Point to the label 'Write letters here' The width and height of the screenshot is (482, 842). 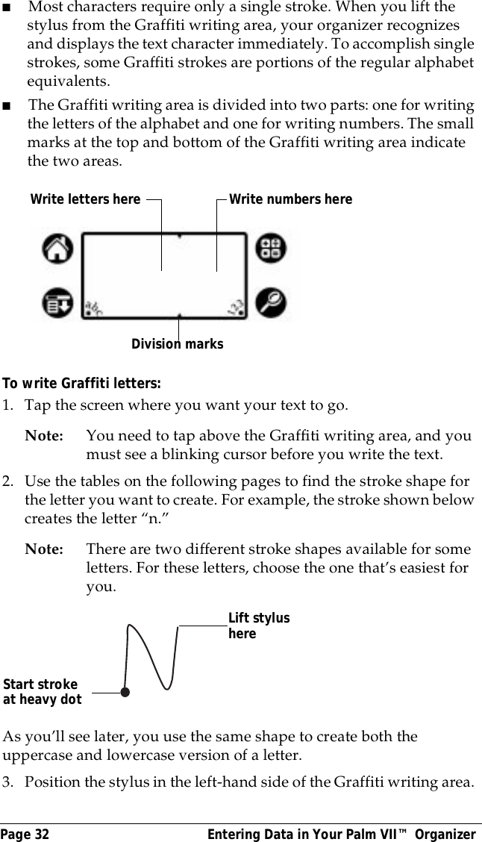(x=85, y=199)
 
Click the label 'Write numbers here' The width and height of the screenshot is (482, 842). (x=290, y=199)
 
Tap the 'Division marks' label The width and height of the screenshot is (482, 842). (x=177, y=344)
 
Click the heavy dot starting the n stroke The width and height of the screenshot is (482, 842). (x=125, y=692)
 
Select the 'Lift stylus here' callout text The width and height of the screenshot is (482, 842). (x=258, y=626)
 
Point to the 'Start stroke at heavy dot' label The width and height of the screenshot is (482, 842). (x=42, y=692)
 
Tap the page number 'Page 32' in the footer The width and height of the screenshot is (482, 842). (x=25, y=834)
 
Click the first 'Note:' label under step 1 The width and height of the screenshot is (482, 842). (x=44, y=436)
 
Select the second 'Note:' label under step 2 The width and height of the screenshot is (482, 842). (x=44, y=549)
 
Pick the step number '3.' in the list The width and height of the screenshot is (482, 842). (x=9, y=782)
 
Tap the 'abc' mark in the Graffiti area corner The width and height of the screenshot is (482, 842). (x=94, y=308)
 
